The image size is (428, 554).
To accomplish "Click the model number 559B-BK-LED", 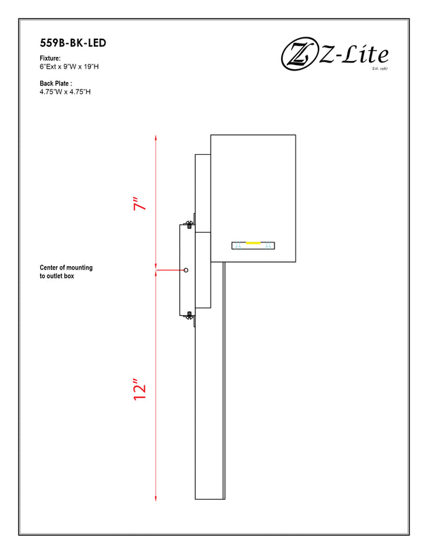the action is coord(73,43).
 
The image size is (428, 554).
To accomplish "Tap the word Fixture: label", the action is coord(50,58).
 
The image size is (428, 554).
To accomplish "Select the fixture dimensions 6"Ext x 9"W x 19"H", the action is coord(69,67).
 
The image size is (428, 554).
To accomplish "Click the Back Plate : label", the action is coord(56,84).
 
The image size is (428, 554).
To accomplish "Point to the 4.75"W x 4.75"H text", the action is coord(65,92).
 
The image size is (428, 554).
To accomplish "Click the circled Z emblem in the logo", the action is coord(299,54).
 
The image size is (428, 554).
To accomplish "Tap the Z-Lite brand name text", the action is coord(354,55).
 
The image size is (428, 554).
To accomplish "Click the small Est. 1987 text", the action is coord(380,69).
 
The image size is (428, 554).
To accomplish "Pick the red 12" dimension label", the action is coord(140,390).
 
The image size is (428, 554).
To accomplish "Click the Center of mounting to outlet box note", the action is coord(66,272).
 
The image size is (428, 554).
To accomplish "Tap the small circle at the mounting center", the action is coord(186,270).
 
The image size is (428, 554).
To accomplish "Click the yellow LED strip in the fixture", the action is coord(253,243).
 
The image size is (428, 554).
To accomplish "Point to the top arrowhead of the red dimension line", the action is coord(156,138).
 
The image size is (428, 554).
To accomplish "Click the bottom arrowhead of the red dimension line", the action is coord(156,498).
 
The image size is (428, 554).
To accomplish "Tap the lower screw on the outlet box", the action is coord(190,315).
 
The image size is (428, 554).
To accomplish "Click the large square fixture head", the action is coord(253,198).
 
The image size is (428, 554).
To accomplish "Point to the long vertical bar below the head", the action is coord(210,380).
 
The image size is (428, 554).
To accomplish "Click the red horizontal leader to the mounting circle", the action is coord(170,270).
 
